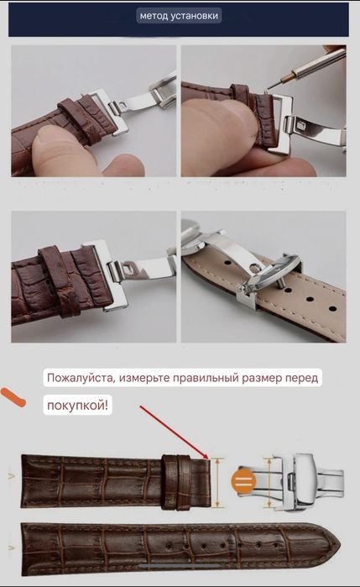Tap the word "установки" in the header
coord(198,16)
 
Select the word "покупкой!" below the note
coord(77,406)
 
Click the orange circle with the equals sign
coord(244,481)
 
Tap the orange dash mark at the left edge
coord(13,394)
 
